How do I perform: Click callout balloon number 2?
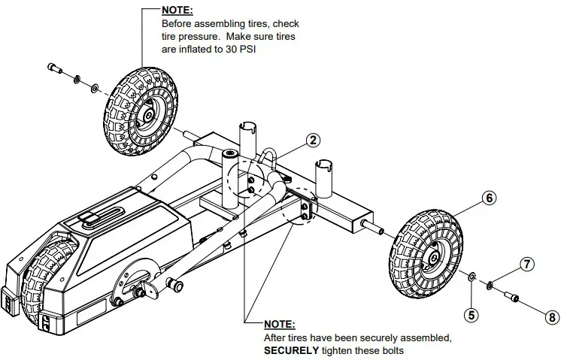pyautogui.click(x=313, y=140)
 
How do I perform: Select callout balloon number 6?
pyautogui.click(x=489, y=198)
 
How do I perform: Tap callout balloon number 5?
pyautogui.click(x=472, y=315)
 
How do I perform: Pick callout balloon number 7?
pyautogui.click(x=527, y=264)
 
